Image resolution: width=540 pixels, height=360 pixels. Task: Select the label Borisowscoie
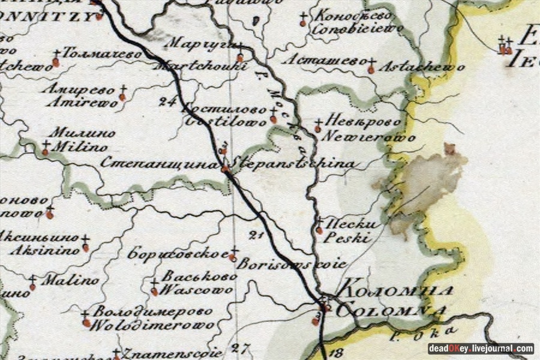click(x=292, y=263)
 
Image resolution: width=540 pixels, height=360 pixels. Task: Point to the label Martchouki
click(x=201, y=66)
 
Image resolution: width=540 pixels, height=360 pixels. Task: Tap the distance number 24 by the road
click(x=168, y=101)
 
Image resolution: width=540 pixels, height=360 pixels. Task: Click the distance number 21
click(x=257, y=235)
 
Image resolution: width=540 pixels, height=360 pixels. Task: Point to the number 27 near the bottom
click(x=241, y=347)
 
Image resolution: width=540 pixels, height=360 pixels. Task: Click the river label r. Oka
click(x=442, y=330)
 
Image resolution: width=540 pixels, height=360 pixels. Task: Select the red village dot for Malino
click(x=32, y=287)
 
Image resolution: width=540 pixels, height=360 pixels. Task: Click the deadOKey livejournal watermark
click(x=481, y=349)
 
